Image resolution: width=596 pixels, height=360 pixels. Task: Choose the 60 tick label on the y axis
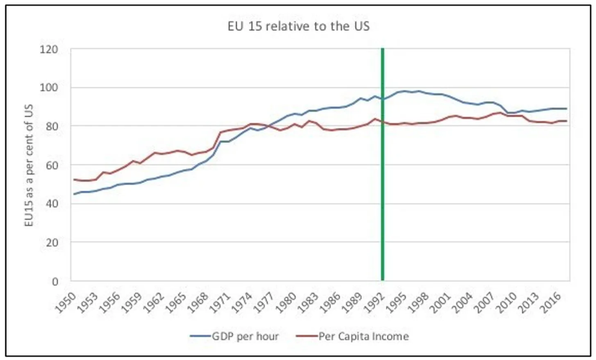pos(58,165)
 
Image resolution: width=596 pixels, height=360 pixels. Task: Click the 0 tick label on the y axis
pos(61,281)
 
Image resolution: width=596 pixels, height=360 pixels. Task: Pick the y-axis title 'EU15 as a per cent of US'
pos(28,165)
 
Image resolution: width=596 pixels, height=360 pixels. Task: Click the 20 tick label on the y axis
pos(58,242)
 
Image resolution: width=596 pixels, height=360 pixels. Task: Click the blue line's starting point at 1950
pos(74,194)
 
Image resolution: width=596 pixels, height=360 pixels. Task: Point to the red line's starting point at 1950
pos(74,179)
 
